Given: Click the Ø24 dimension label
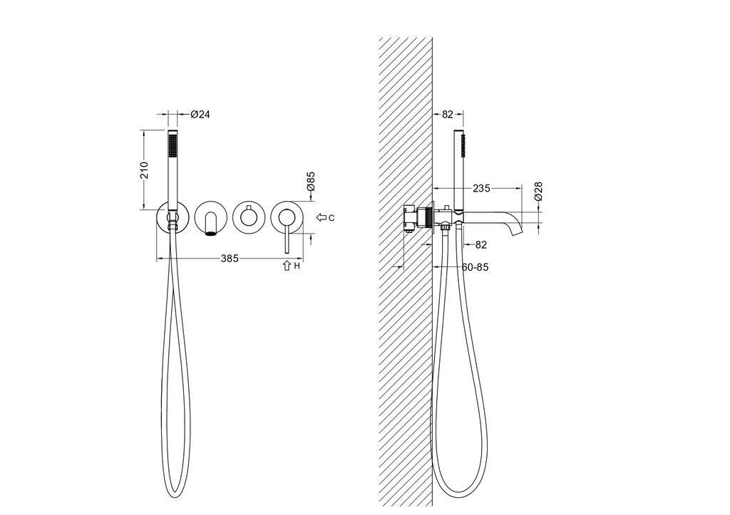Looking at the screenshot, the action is click(x=200, y=114).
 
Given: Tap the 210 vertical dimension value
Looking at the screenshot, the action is click(x=144, y=170).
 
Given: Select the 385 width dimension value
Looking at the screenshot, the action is click(x=230, y=258).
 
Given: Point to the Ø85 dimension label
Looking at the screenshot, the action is click(x=311, y=181).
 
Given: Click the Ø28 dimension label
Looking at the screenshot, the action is click(x=538, y=191).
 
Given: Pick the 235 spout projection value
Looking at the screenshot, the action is click(x=481, y=189).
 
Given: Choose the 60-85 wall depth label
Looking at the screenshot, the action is click(x=475, y=267).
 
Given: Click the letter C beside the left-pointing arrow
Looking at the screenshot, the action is click(x=331, y=217).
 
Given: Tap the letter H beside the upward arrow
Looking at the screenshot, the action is click(x=297, y=266).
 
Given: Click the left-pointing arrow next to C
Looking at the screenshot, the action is click(x=322, y=217).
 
